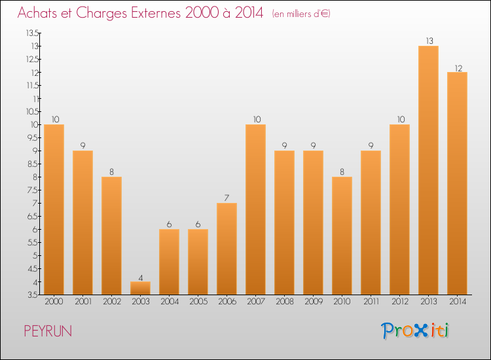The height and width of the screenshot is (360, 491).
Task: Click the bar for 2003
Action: [140, 288]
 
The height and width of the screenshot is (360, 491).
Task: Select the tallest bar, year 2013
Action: [428, 170]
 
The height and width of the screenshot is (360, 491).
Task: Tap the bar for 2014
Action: [457, 183]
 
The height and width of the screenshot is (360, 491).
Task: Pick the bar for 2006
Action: [227, 249]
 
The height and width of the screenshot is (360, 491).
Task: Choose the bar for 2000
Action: [54, 209]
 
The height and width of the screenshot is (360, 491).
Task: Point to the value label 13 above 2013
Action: [428, 41]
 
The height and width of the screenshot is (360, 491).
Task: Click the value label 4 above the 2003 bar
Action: [140, 276]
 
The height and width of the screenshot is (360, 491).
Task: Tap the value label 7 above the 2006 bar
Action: [227, 198]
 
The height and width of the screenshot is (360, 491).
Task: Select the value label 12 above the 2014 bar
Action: [457, 67]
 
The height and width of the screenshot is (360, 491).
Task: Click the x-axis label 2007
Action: [255, 302]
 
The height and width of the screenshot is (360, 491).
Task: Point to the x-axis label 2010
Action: [342, 302]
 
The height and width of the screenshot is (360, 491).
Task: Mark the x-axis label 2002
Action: [111, 302]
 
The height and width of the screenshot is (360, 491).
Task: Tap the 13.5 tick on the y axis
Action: [31, 33]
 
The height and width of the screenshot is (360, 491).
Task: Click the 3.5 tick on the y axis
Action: [32, 295]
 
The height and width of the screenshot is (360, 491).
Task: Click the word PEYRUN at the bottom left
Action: [48, 331]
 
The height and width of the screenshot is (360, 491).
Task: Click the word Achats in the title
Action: [39, 13]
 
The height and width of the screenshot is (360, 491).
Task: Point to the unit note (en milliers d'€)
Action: [302, 14]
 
